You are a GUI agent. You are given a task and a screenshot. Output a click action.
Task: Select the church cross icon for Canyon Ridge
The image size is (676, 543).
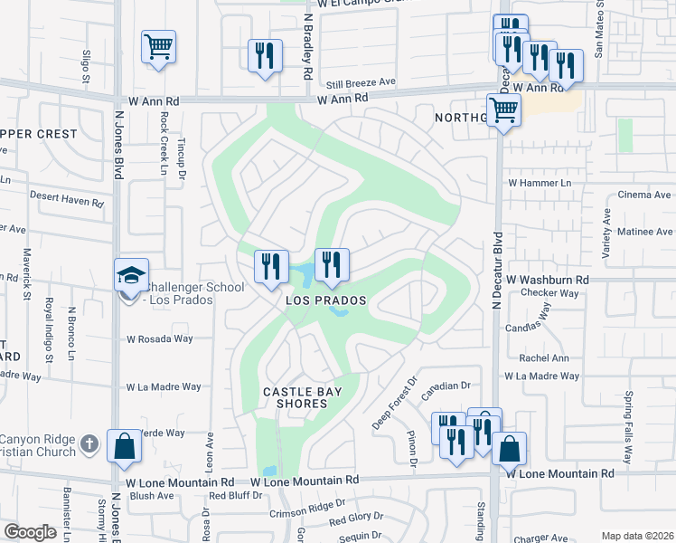[x=88, y=443]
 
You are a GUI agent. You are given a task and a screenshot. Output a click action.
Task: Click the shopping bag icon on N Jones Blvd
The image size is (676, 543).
[x=124, y=445]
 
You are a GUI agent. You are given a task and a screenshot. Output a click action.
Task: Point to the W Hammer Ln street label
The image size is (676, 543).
[x=540, y=183]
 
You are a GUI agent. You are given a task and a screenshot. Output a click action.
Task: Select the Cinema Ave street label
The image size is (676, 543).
[x=643, y=195]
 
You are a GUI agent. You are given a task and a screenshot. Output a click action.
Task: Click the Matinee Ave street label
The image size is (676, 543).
[x=643, y=232]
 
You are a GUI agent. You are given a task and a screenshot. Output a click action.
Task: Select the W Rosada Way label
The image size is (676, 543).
[x=160, y=339]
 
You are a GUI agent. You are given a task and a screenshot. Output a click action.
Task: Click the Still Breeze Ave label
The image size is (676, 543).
[x=361, y=81]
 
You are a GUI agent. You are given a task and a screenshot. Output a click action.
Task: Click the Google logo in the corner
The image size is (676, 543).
[x=30, y=532]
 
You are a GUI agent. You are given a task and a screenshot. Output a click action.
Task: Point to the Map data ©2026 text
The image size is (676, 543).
[x=636, y=536]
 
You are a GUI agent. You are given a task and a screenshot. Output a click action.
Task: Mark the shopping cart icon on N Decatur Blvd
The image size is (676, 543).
[x=503, y=111]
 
